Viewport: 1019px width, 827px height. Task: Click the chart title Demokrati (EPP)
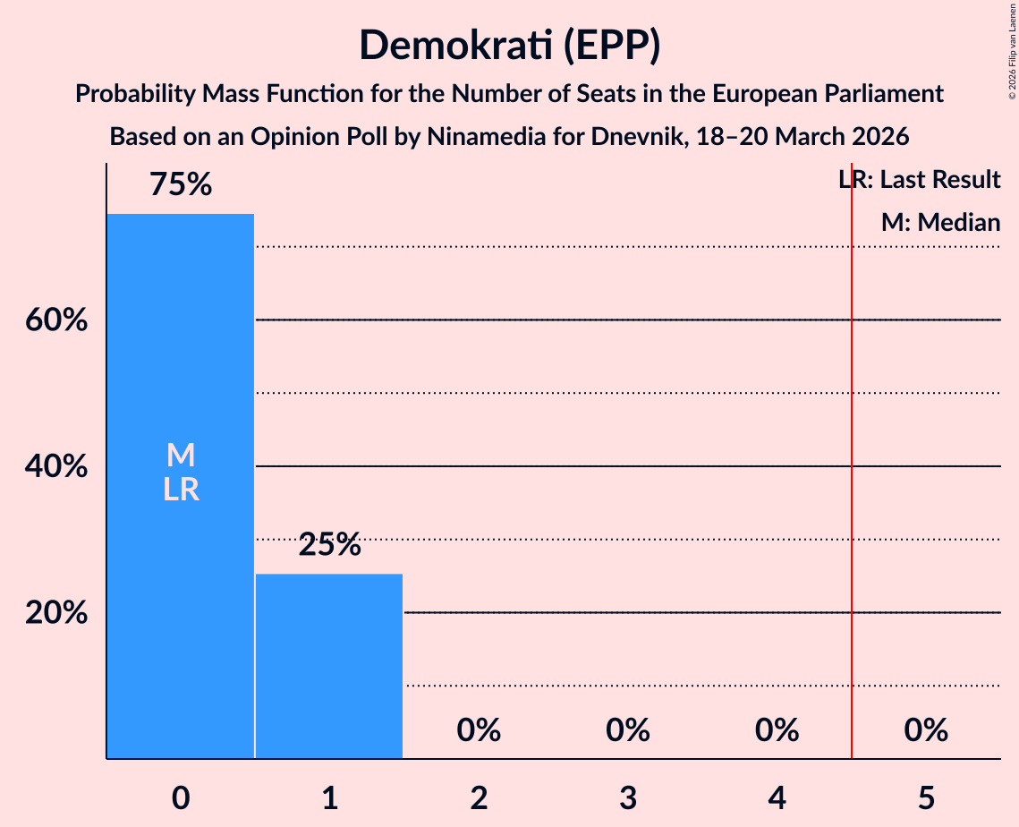pyautogui.click(x=509, y=46)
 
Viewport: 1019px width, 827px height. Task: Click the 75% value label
pyautogui.click(x=181, y=185)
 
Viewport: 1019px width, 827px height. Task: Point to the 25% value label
pyautogui.click(x=329, y=544)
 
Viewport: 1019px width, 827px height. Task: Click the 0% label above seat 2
pyautogui.click(x=479, y=730)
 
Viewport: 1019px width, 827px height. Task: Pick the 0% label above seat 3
pyautogui.click(x=628, y=730)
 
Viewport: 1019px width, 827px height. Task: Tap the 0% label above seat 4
pyautogui.click(x=777, y=730)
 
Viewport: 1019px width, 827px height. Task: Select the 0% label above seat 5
pyautogui.click(x=926, y=730)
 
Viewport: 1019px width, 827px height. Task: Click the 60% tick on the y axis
pyautogui.click(x=56, y=320)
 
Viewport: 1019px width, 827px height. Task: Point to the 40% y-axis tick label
pyautogui.click(x=56, y=466)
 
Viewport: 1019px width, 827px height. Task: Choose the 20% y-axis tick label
pyautogui.click(x=56, y=613)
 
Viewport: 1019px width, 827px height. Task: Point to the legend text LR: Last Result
pyautogui.click(x=920, y=180)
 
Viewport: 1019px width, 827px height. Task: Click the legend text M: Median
pyautogui.click(x=940, y=223)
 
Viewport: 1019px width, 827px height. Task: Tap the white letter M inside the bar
pyautogui.click(x=181, y=456)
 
